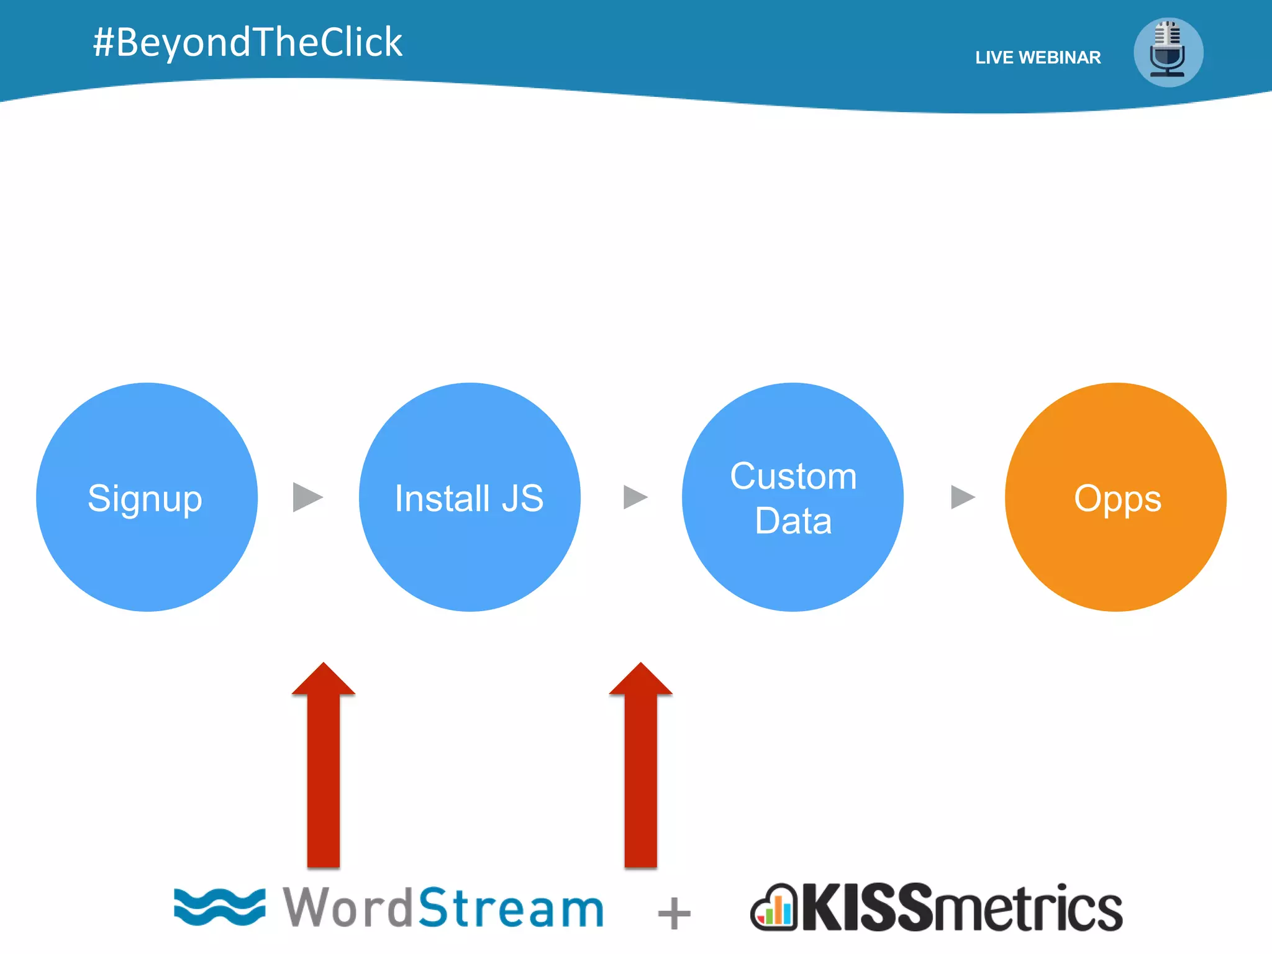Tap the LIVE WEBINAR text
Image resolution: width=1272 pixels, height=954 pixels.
[1038, 58]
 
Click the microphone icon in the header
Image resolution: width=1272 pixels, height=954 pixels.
[1168, 52]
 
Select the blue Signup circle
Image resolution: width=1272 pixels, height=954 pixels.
[147, 497]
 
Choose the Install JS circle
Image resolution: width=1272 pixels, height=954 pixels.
[470, 497]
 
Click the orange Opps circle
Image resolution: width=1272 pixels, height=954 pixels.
[1115, 497]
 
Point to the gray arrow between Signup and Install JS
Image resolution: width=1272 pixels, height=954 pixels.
[307, 497]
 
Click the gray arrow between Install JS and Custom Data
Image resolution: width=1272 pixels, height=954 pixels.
[635, 497]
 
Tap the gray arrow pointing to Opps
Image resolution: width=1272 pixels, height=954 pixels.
[962, 497]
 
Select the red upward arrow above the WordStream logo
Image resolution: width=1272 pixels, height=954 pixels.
[324, 764]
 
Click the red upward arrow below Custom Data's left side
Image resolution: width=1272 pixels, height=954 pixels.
[641, 764]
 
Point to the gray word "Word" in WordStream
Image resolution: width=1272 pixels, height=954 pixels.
[348, 908]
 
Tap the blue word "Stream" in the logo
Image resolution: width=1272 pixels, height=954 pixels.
[511, 908]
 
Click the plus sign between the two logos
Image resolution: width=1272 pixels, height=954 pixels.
[674, 913]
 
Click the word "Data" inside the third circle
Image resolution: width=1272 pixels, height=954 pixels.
[793, 520]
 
